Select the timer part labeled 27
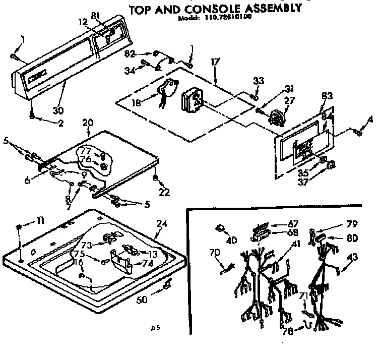click(276, 118)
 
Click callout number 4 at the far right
click(371, 119)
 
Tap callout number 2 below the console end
click(61, 123)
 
